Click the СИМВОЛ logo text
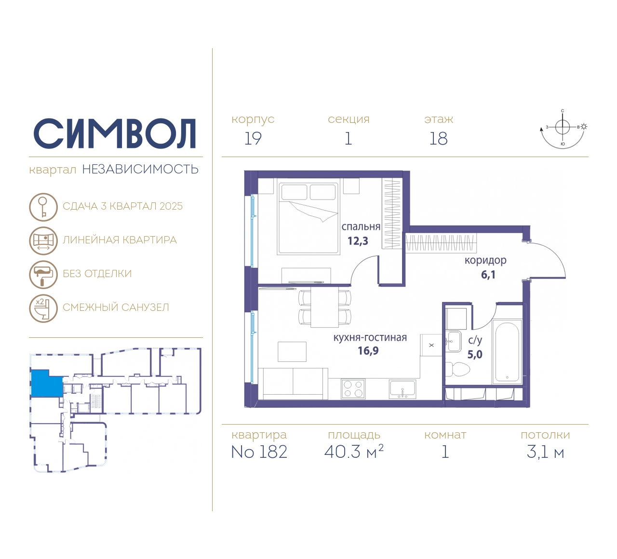point(114,133)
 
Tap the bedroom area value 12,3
point(358,241)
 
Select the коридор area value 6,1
point(488,274)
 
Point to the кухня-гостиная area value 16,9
point(368,350)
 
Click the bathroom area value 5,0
point(475,355)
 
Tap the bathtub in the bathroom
point(507,352)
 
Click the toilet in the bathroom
point(457,369)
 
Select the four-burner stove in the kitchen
point(353,389)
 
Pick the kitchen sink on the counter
point(402,389)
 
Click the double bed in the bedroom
point(308,218)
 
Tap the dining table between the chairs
point(324,307)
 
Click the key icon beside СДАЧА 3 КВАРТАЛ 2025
point(43,207)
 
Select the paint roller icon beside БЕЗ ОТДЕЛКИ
point(43,274)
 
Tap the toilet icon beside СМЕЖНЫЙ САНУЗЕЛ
point(43,308)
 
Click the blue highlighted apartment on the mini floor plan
point(46,384)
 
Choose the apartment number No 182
point(259,452)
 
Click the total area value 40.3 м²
point(354,452)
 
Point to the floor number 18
point(439,139)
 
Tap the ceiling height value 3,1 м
point(545,453)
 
